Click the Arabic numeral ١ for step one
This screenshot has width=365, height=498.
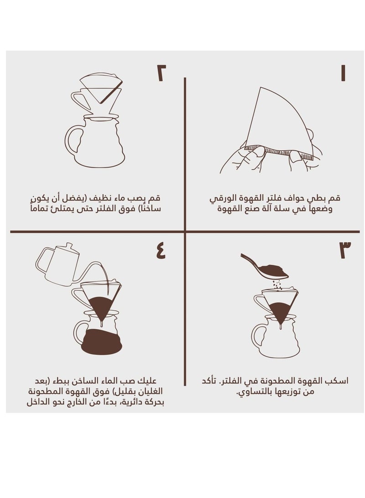343,73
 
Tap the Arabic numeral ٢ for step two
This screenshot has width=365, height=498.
161,73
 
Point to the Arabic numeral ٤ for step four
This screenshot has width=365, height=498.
161,250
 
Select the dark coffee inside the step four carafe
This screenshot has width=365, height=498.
102,342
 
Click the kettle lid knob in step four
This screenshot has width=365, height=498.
68,245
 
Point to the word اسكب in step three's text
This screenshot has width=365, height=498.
339,381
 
